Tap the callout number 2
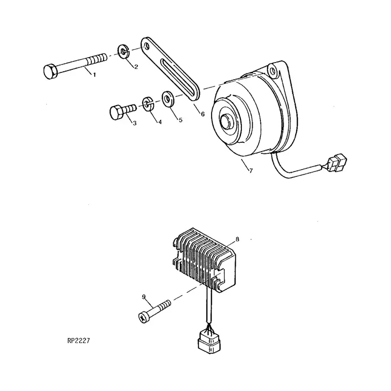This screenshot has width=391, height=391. (136, 67)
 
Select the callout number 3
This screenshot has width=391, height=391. (134, 123)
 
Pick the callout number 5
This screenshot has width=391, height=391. (179, 119)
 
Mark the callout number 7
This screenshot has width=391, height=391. (251, 171)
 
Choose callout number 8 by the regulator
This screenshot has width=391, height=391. (237, 239)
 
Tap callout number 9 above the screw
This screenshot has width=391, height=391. (144, 297)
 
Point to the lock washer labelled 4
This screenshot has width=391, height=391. (148, 103)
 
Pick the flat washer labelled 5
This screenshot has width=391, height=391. (168, 99)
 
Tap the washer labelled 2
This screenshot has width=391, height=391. (123, 50)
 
